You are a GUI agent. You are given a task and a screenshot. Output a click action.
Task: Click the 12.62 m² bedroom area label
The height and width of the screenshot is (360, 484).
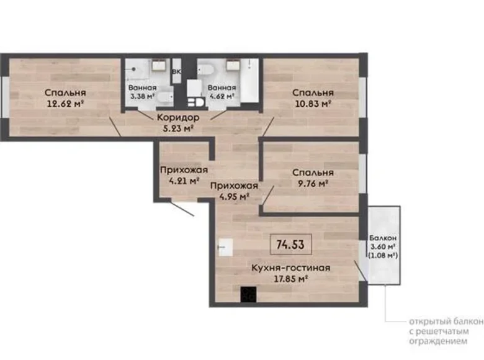pyautogui.click(x=65, y=104)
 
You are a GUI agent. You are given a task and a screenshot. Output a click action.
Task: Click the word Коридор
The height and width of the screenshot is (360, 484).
pyautogui.click(x=177, y=117)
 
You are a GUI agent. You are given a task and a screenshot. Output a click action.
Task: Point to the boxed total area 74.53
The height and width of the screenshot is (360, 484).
pyautogui.click(x=290, y=244)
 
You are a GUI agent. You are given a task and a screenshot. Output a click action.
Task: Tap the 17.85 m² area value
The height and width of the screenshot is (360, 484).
pyautogui.click(x=290, y=279)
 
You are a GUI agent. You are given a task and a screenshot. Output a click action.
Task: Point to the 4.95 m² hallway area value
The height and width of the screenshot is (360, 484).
pyautogui.click(x=233, y=197)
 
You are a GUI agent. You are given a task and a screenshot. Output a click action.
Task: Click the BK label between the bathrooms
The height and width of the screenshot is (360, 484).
pyautogui.click(x=177, y=71)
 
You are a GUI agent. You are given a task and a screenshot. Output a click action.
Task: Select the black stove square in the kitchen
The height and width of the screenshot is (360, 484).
pyautogui.click(x=248, y=294)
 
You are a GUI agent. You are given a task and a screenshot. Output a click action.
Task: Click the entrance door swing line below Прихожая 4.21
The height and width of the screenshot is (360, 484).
pyautogui.click(x=181, y=208)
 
